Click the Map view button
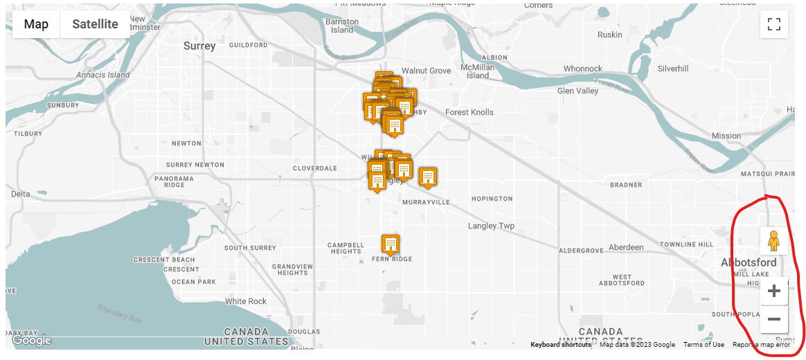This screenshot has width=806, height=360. point(36,24)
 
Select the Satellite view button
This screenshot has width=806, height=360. point(95,24)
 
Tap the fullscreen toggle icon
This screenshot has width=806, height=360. point(774,25)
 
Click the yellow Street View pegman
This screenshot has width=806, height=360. point(773,241)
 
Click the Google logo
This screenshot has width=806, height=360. point(32,340)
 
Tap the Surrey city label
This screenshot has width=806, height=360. point(199,46)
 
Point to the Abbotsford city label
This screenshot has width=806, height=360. point(749,263)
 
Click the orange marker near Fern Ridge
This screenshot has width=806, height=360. point(391,244)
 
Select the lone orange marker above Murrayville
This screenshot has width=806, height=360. point(428,177)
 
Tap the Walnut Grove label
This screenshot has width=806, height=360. point(426,71)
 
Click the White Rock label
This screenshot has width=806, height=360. point(246,301)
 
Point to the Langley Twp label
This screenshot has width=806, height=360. point(491,226)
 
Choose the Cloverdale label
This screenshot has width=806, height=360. point(314,168)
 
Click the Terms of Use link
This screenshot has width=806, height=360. point(704,345)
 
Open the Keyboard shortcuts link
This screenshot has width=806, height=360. point(560,345)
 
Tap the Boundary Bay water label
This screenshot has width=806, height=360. point(119,312)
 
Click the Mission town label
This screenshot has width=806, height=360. point(726,136)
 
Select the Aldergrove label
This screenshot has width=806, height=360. point(581,250)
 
